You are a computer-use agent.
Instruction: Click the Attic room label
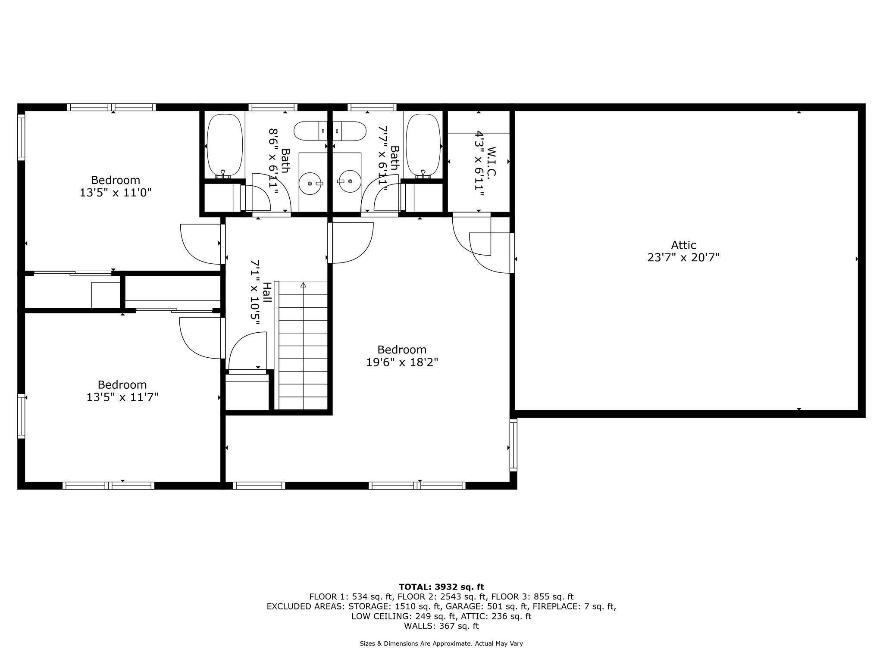(683, 245)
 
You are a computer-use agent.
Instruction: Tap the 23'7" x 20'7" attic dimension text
(683, 258)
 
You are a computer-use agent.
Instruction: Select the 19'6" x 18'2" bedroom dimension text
(402, 362)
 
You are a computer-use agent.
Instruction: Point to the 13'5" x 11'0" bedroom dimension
(116, 193)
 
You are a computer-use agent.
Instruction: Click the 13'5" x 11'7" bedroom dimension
(122, 397)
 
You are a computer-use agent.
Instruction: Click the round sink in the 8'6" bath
(310, 184)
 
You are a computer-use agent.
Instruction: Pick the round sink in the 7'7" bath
(350, 182)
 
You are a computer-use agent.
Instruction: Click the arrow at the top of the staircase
(303, 284)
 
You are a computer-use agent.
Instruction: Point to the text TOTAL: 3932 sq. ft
(441, 587)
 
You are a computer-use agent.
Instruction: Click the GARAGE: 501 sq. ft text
(487, 606)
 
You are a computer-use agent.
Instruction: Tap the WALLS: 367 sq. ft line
(441, 626)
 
